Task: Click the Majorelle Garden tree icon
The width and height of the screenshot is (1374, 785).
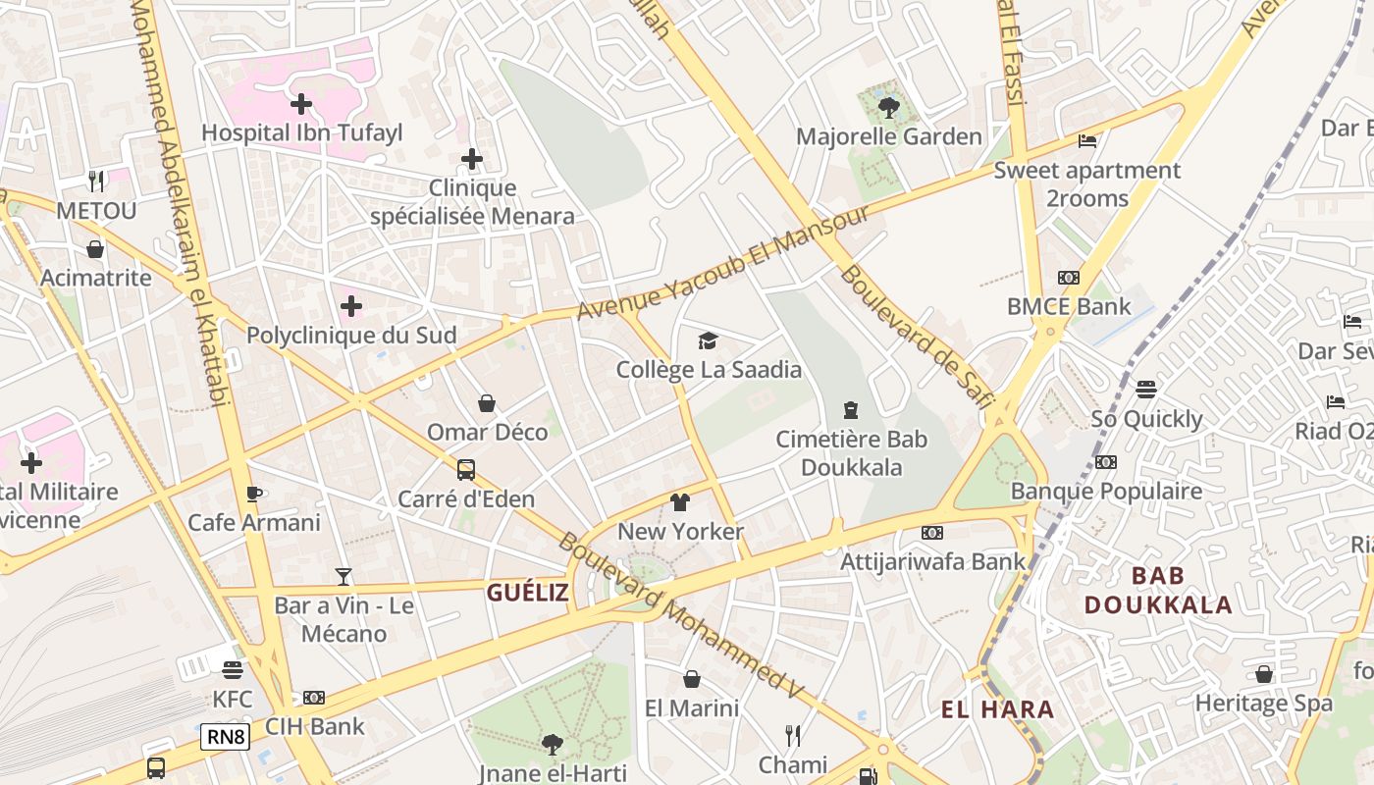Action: point(889,108)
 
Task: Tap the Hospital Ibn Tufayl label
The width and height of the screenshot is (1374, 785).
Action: point(302,132)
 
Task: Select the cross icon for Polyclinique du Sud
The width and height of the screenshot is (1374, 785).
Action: point(351,306)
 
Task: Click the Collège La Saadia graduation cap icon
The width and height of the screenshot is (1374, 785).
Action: point(708,340)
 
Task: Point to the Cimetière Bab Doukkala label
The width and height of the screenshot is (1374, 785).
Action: point(852,452)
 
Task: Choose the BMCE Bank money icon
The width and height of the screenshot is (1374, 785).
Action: point(1069,278)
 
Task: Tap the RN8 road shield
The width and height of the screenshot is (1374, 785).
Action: point(225,736)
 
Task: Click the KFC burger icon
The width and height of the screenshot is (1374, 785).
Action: point(233,670)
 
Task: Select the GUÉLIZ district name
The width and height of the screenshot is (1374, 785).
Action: point(528,593)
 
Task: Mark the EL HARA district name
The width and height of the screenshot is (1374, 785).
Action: point(997,709)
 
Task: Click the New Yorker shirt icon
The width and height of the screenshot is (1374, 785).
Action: point(680,502)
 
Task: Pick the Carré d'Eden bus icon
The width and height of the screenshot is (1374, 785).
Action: point(466,469)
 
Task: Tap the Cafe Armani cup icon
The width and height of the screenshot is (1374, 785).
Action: point(254,494)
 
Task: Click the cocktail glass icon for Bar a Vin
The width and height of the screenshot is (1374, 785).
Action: point(343,576)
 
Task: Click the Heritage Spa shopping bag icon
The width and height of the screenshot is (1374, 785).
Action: point(1264,674)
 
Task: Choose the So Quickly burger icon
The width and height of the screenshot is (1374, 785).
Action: point(1146,390)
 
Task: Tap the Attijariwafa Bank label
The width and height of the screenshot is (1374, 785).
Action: point(933,561)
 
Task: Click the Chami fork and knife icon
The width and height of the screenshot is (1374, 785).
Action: point(793,735)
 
